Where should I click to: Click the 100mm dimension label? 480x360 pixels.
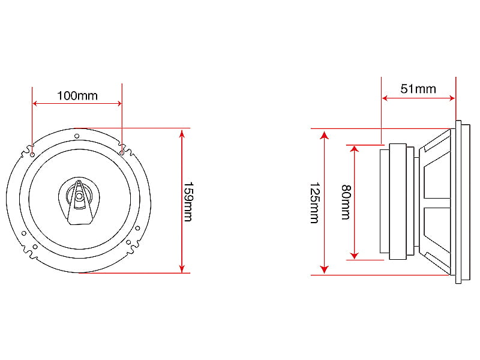(x=77, y=96)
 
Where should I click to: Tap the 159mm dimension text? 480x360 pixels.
(x=188, y=202)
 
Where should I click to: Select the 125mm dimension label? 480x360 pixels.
(x=314, y=203)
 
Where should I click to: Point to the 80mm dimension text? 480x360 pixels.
(x=346, y=202)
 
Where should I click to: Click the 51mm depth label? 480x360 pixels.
(x=418, y=89)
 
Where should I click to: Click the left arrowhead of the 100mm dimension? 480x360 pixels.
(x=35, y=103)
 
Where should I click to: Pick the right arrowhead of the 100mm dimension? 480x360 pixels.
(x=119, y=103)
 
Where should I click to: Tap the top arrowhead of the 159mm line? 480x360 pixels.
(x=182, y=133)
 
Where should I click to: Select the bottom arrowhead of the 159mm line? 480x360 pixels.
(x=182, y=268)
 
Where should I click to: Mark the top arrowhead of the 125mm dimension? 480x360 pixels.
(x=324, y=134)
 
